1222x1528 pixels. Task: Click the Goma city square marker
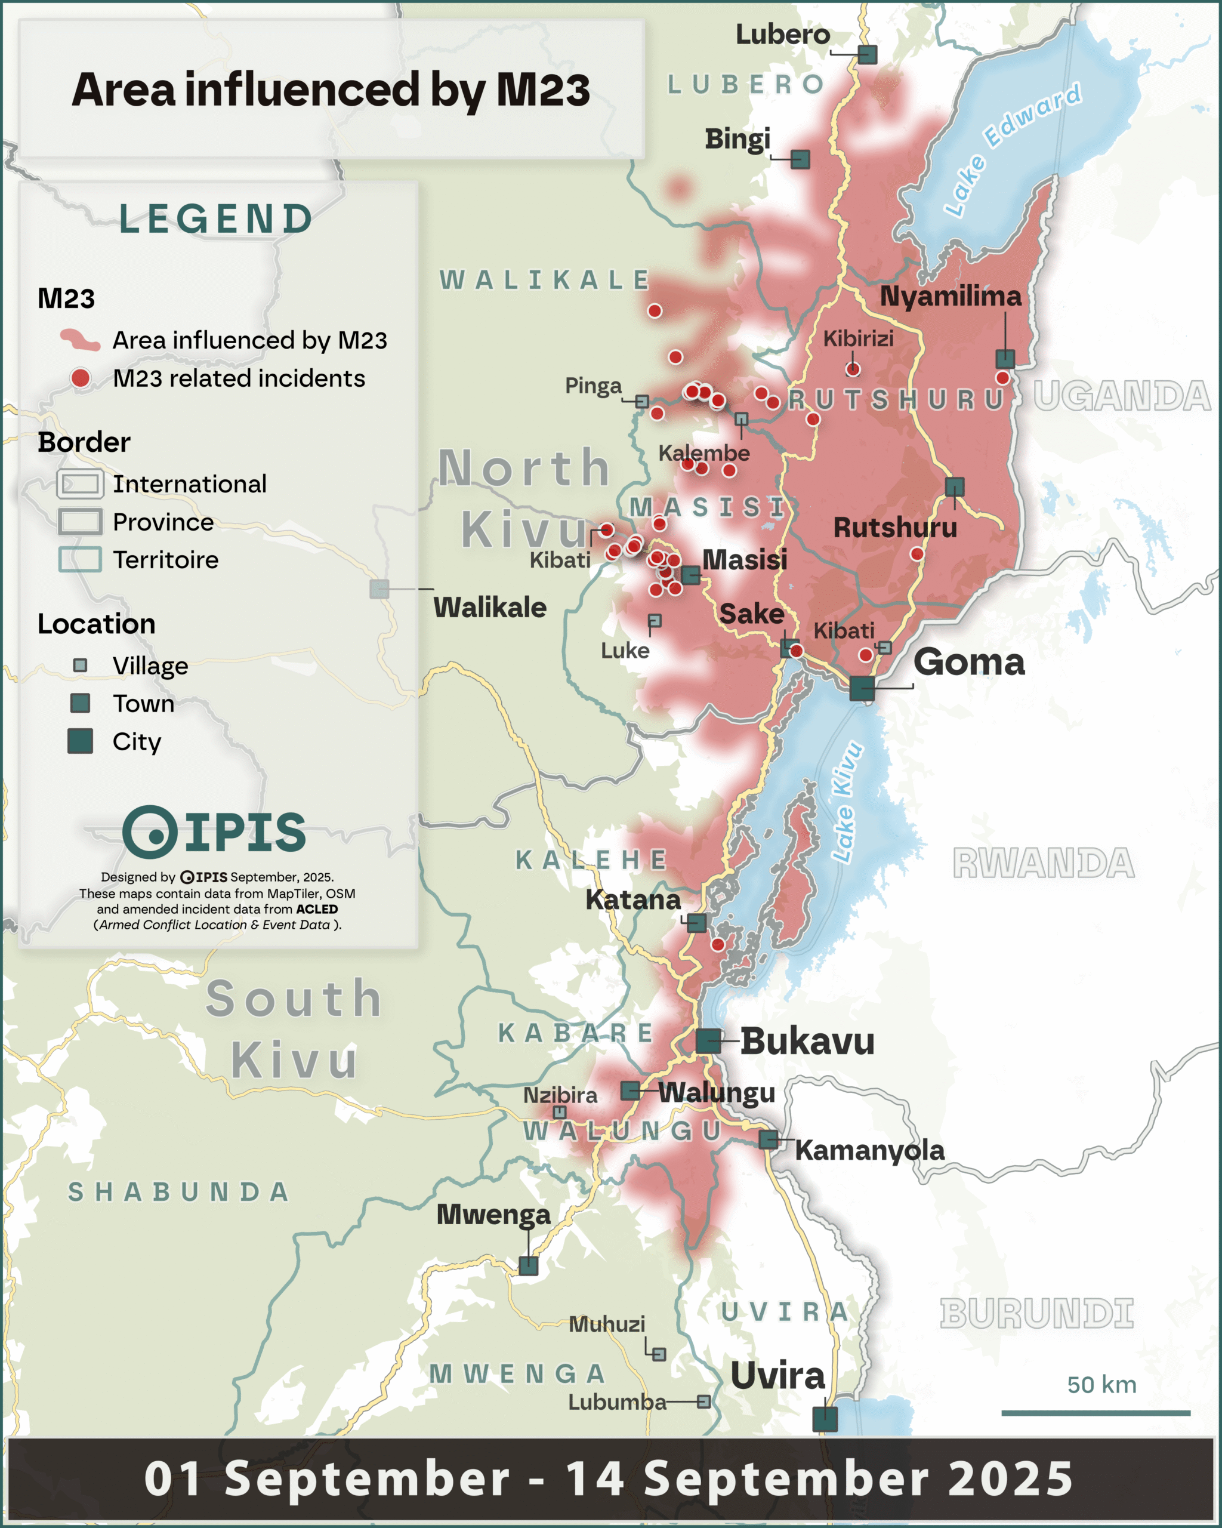[x=862, y=688]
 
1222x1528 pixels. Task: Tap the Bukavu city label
[x=807, y=1041]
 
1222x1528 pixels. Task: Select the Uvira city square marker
[x=825, y=1419]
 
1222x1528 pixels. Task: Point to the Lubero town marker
[x=867, y=54]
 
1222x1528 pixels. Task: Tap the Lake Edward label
[x=1013, y=149]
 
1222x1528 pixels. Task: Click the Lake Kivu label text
[x=847, y=802]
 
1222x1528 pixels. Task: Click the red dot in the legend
[x=81, y=378]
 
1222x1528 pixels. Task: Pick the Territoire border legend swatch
[x=80, y=559]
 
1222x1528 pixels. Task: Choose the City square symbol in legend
[x=80, y=741]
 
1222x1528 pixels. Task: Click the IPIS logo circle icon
[x=150, y=832]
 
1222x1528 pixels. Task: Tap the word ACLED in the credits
[x=317, y=909]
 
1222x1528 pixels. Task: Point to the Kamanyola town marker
[x=768, y=1139]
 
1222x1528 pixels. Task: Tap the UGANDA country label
[x=1121, y=396]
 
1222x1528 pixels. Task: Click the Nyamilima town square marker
[x=1005, y=359]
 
